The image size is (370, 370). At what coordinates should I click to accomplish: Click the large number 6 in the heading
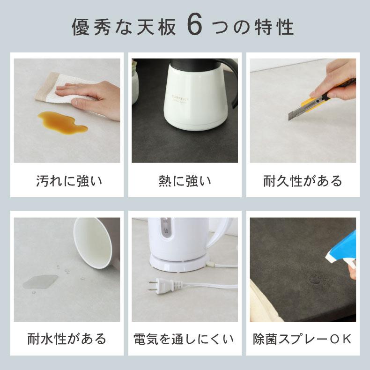coord(194,27)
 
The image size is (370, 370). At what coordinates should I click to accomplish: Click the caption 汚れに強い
coord(69,180)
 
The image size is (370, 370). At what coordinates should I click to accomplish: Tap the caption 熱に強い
coord(185,180)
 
